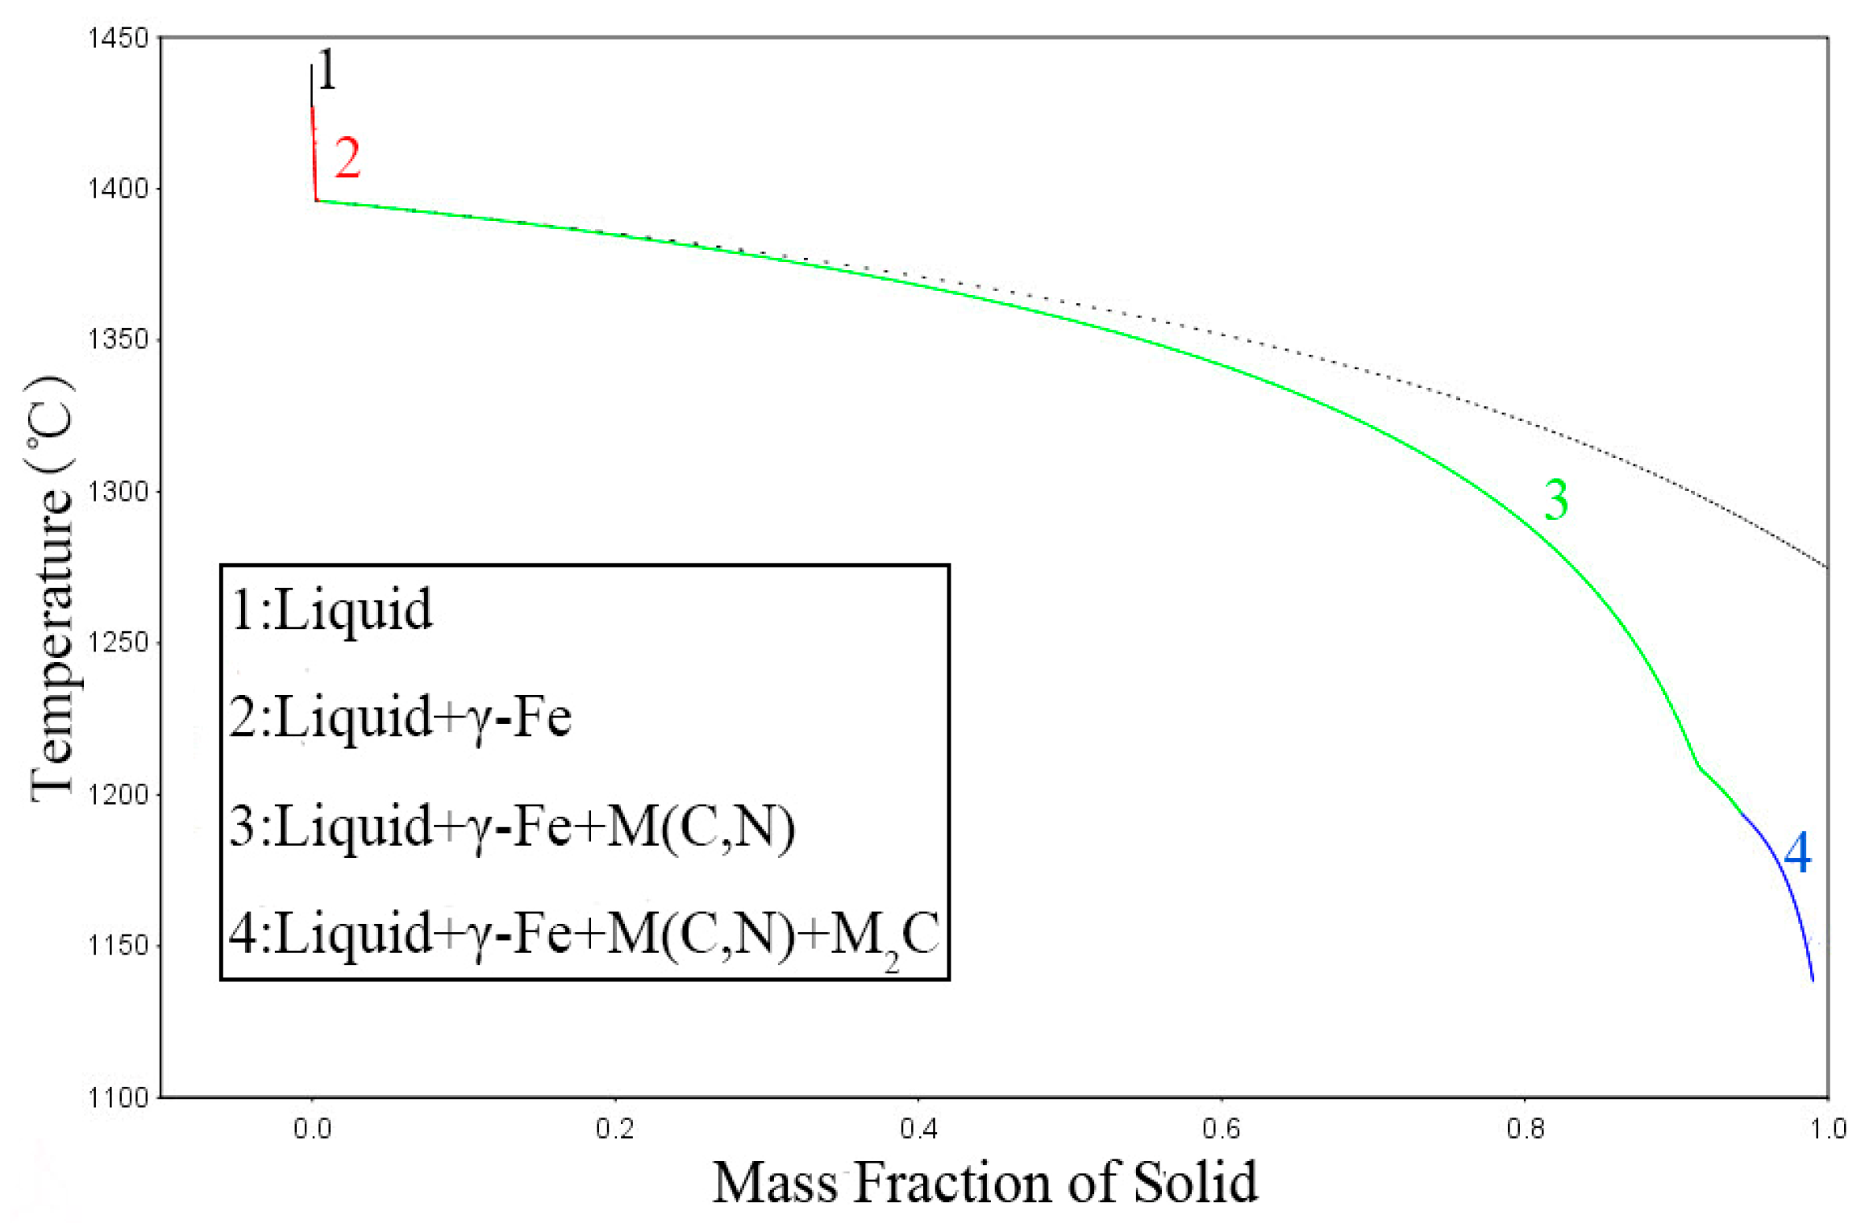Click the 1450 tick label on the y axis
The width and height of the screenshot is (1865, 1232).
pos(119,38)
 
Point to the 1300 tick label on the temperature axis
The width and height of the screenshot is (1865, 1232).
pos(119,491)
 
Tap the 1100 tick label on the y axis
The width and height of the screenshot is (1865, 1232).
pos(119,1097)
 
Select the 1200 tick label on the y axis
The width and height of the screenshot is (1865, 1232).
pos(119,795)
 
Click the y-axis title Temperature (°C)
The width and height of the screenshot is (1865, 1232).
pos(52,589)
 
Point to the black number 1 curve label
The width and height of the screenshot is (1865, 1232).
pos(327,71)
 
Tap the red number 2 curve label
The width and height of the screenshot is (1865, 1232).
pos(348,158)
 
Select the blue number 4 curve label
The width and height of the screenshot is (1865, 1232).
pos(1797,852)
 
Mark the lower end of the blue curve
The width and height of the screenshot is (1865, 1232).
pos(1813,980)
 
